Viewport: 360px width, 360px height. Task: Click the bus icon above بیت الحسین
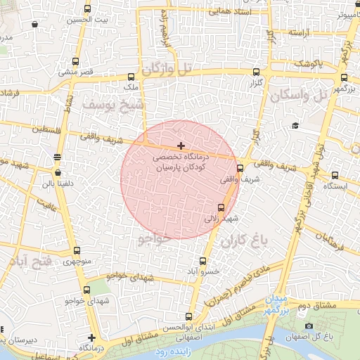point(87,9)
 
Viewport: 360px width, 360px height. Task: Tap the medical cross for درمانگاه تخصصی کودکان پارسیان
point(181,146)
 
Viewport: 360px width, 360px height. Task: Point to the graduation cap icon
point(295,125)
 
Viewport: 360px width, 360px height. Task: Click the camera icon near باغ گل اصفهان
point(309,326)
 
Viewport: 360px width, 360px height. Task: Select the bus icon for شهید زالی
point(221,207)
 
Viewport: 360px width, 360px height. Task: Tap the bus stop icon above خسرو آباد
point(207,259)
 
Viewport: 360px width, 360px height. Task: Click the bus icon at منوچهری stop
point(77,250)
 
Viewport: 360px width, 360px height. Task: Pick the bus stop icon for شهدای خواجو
point(86,290)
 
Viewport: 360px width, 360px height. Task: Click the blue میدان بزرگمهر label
point(276,304)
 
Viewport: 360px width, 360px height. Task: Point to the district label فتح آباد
point(29,262)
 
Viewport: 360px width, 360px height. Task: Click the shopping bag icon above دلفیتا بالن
point(58,172)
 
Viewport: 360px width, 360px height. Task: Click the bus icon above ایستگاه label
point(335,175)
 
